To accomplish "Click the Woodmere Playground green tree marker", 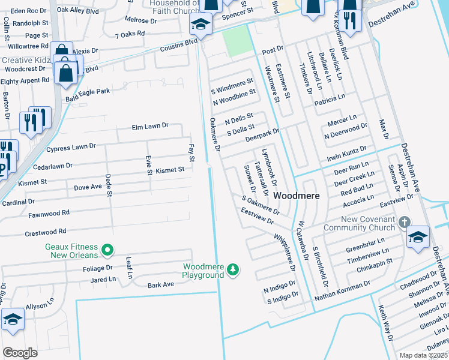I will tap(232, 271).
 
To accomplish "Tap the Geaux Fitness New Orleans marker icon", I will tap(107, 248).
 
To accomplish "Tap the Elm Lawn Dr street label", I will tap(150, 127).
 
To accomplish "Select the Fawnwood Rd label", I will tap(49, 213).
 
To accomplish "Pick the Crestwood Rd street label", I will tap(46, 232).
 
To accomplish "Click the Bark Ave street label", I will tap(160, 285).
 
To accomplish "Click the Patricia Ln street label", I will tap(330, 100).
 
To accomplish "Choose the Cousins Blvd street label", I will tap(178, 46).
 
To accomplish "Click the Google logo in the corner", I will tap(20, 352).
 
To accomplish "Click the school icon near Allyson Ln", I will tap(13, 320).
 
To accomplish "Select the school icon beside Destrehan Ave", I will tap(417, 236).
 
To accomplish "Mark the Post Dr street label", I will tap(273, 52).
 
